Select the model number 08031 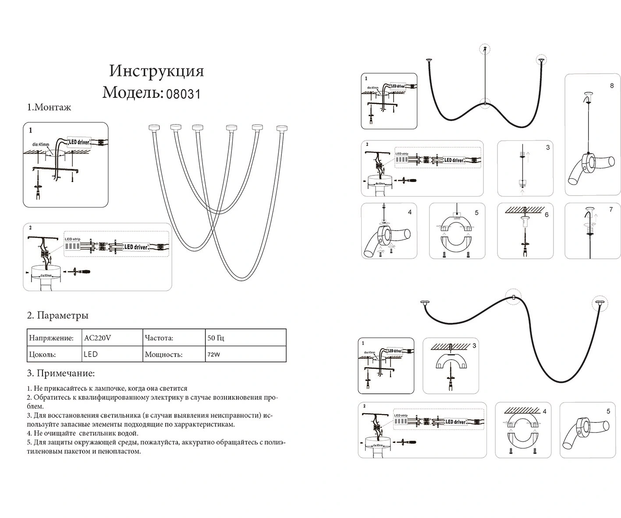183,94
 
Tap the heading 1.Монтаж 49,107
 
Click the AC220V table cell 97,338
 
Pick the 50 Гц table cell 216,338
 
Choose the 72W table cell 214,354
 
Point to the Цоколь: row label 42,354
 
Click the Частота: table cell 159,338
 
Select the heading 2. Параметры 58,315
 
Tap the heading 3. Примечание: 61,373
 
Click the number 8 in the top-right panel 612,86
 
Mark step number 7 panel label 611,210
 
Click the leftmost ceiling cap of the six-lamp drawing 154,128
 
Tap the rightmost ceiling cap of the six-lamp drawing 282,128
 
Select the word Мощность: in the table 163,354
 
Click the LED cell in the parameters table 91,354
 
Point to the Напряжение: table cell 51,338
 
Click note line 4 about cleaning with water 82,433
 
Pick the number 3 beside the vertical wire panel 548,147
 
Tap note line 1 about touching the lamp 107,389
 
